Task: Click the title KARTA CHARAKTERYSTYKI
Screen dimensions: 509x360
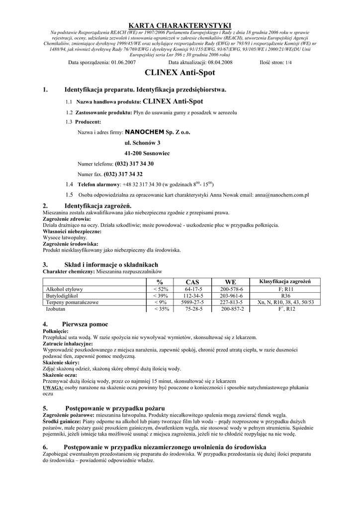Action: [180, 25]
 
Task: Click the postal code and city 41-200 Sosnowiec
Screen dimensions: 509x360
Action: [147, 154]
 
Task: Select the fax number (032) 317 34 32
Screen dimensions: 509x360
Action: [123, 174]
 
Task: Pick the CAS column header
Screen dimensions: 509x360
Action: [192, 282]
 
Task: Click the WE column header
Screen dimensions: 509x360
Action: [231, 282]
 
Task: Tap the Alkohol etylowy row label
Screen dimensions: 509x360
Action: [65, 289]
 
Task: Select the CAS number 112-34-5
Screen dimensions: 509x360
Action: [192, 295]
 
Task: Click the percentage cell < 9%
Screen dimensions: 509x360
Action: [160, 302]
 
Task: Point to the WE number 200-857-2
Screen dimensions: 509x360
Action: [231, 309]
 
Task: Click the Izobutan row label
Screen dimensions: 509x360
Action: [56, 309]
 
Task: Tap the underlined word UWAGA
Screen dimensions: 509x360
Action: [53, 386]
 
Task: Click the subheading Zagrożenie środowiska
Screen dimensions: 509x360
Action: [70, 244]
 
